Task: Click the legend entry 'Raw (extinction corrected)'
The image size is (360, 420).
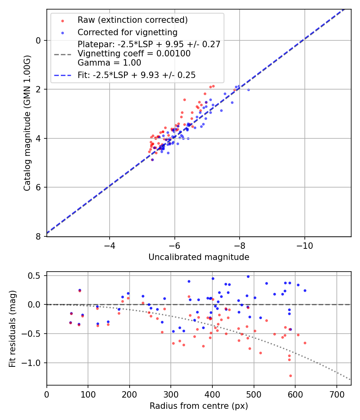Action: click(x=132, y=20)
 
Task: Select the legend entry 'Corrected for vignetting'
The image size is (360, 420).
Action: click(x=127, y=32)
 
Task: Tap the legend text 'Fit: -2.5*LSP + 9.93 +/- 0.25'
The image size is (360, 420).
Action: click(x=136, y=75)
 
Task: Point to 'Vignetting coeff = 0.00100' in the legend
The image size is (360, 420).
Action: click(x=134, y=54)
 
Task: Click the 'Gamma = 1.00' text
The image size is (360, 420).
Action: click(x=109, y=62)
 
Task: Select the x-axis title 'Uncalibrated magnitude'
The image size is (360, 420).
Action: click(x=199, y=257)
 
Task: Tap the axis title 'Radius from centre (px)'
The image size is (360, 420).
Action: click(x=199, y=406)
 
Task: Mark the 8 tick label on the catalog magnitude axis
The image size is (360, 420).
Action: click(x=38, y=236)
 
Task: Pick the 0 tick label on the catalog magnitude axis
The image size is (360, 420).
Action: click(x=38, y=40)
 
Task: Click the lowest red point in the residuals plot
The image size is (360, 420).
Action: click(x=290, y=376)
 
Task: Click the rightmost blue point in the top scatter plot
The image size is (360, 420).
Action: click(x=248, y=90)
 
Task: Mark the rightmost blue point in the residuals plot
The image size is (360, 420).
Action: click(x=305, y=290)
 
